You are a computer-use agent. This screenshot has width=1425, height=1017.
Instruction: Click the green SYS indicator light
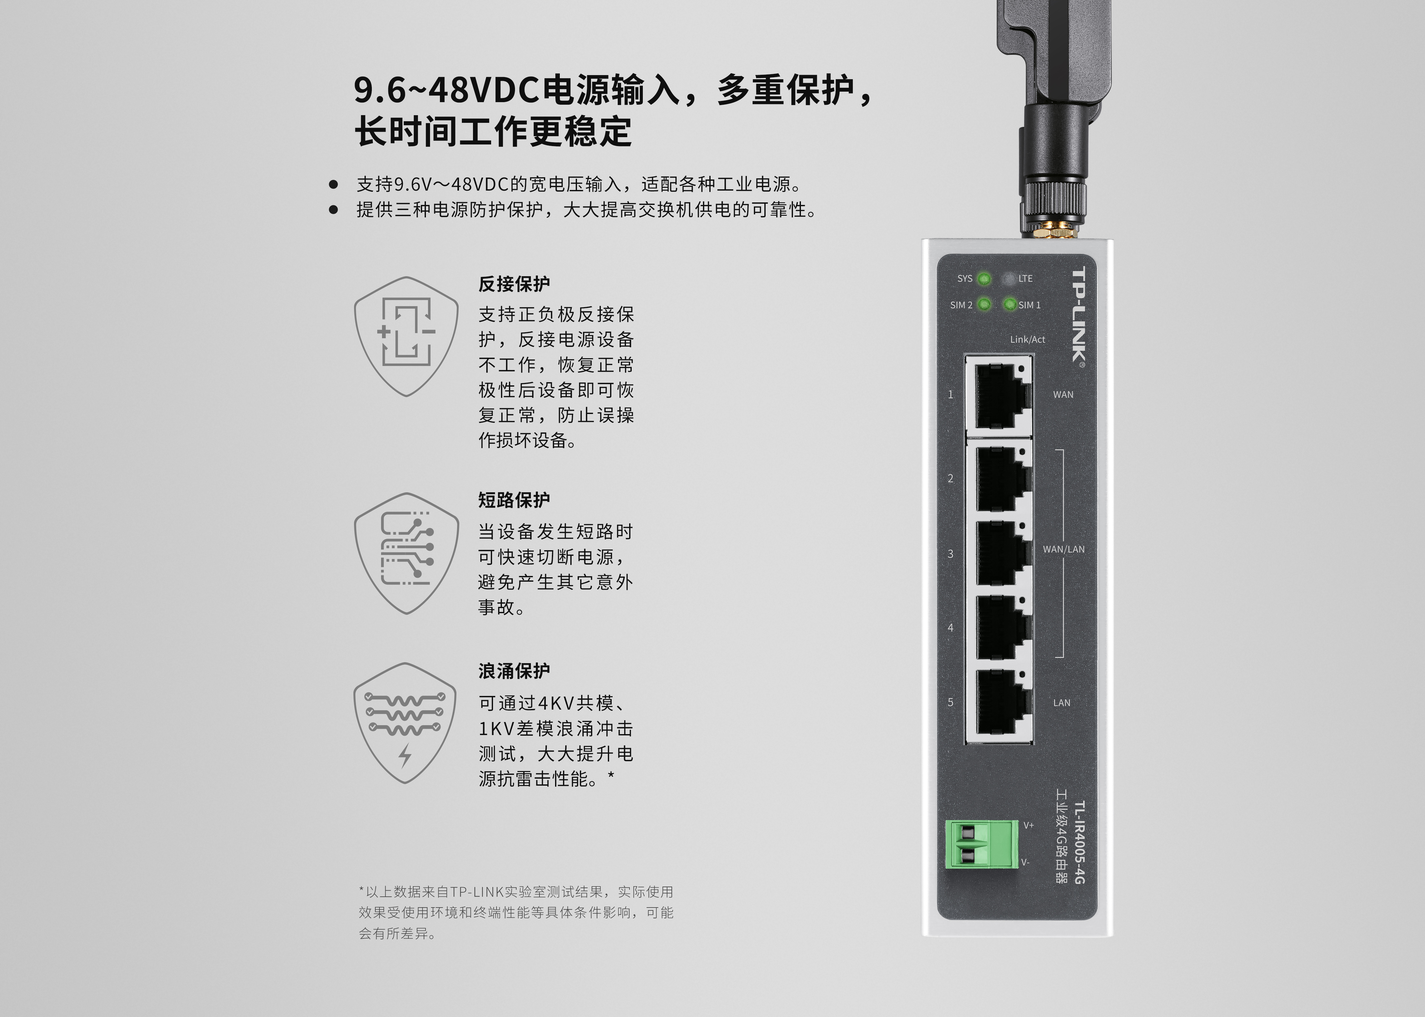pos(984,279)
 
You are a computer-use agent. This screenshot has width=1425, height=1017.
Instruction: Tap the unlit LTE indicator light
pos(1009,279)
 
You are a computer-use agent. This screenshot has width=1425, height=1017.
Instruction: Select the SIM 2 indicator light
pos(984,304)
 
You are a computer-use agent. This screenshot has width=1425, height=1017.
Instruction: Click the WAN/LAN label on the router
pos(1063,549)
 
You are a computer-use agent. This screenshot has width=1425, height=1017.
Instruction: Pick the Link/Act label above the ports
pos(1028,340)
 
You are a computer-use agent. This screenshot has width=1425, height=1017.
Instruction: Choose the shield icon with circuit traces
pos(406,553)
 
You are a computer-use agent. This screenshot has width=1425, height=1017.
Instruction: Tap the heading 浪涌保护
pos(514,671)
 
